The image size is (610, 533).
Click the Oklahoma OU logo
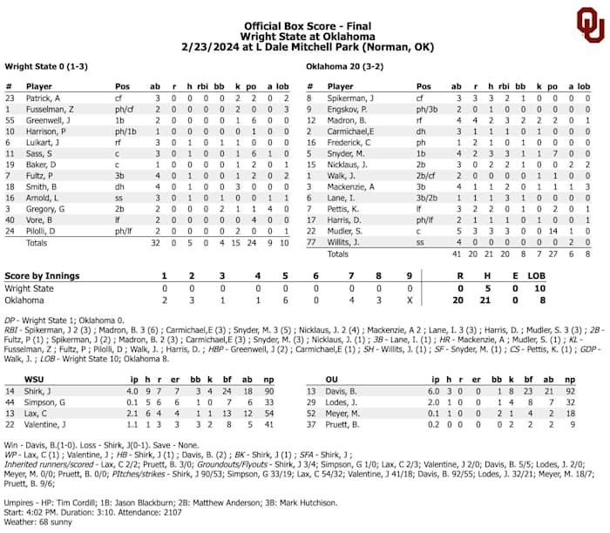589,25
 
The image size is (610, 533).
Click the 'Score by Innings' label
42,276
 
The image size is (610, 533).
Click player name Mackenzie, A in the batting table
352,186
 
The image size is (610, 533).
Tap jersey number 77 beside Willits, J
309,243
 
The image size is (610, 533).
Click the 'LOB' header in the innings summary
539,276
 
